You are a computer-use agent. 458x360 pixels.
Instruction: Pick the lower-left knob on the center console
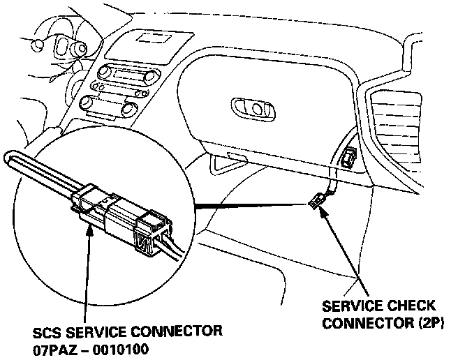click(87, 103)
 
